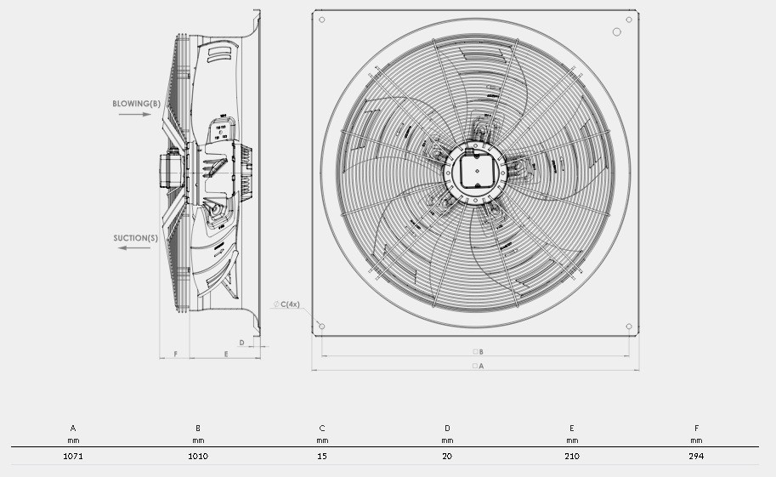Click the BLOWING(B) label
(x=137, y=104)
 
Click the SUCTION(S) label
(x=136, y=238)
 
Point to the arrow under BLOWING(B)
(x=134, y=115)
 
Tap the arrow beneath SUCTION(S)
(x=134, y=247)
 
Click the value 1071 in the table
(x=73, y=457)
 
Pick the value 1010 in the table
(x=198, y=457)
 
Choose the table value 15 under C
(x=322, y=457)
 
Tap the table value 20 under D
(x=447, y=457)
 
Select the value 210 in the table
(x=572, y=457)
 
